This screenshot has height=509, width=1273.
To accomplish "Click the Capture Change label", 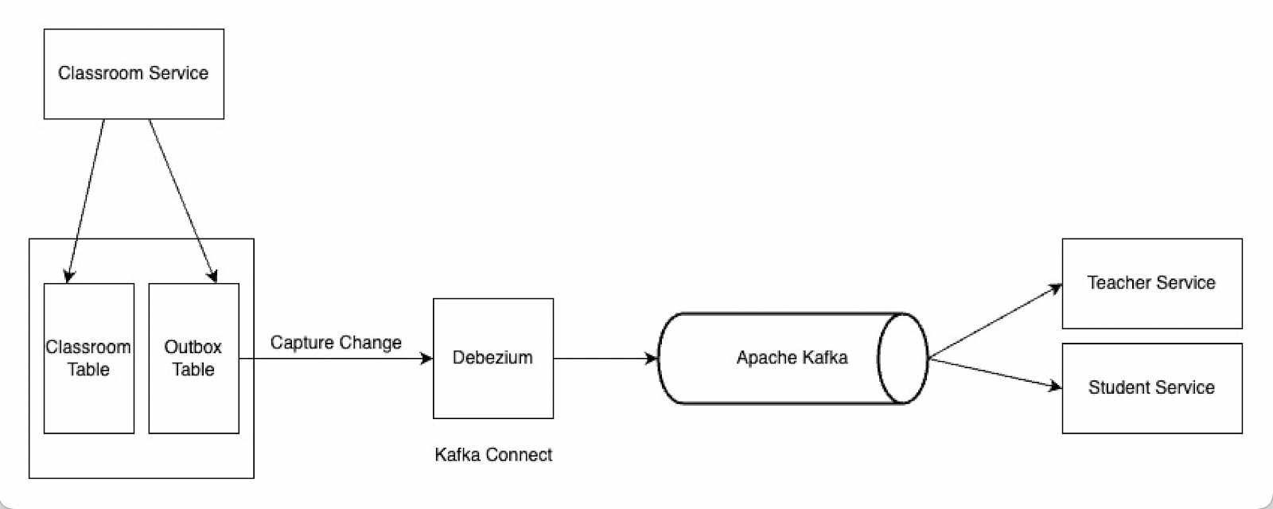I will click(336, 343).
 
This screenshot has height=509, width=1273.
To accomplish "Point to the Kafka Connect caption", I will click(492, 455).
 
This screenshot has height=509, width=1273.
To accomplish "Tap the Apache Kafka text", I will click(792, 358).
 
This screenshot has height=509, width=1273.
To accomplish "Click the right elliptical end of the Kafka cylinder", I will click(903, 359).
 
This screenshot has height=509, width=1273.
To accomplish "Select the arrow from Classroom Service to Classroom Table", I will click(86, 199).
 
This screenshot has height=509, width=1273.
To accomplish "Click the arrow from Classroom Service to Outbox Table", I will click(181, 199).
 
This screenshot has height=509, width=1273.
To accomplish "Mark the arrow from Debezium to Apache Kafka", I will click(605, 359).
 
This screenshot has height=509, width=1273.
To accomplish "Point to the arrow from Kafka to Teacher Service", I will click(995, 321).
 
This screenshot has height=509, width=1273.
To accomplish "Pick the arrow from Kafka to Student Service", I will click(995, 374).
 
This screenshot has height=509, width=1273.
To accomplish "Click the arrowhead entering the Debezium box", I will click(427, 359).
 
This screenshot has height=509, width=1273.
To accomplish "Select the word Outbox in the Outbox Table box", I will click(193, 348).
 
